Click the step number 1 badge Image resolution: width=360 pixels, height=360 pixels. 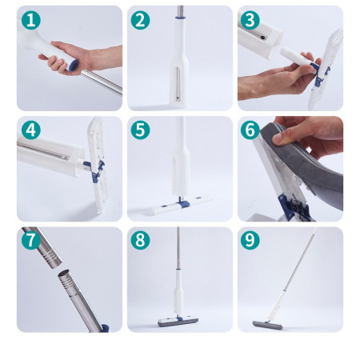point(30,20)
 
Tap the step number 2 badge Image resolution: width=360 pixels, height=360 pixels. point(141,20)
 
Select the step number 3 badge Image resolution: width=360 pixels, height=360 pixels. point(250,20)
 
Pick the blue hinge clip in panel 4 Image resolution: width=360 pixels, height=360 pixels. point(95,169)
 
